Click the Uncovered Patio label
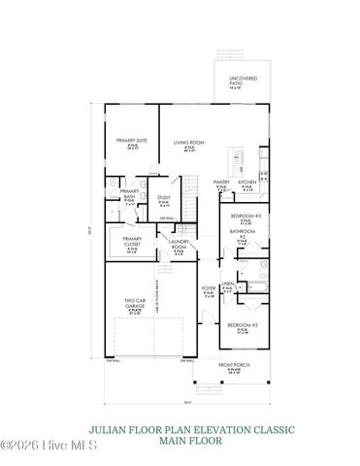pos(242,79)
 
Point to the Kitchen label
pos(247,182)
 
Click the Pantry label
pos(221,182)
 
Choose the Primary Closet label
pos(132,242)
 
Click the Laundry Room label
pos(179,246)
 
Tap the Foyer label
pos(208,288)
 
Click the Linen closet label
pos(227,283)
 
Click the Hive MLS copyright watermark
pos(39,446)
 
